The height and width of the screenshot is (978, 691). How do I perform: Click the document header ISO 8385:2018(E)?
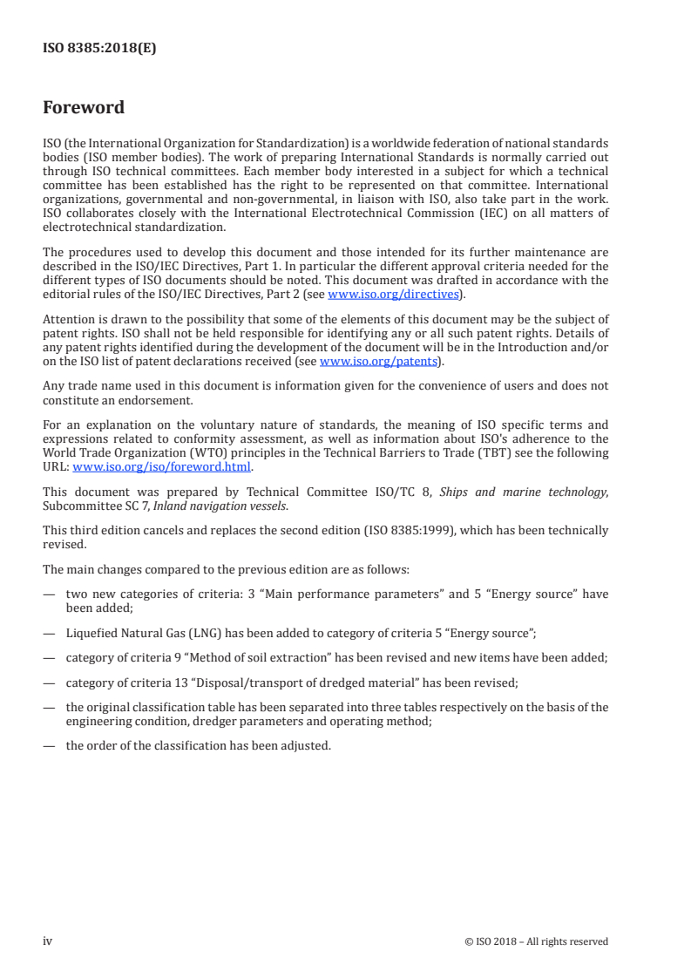tap(99, 50)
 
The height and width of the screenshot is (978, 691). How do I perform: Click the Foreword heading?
tap(84, 108)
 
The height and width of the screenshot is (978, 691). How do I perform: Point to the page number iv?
tap(48, 941)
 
